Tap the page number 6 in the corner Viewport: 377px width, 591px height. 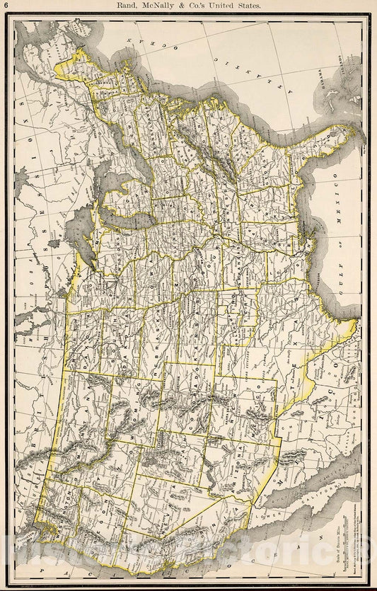tap(6, 6)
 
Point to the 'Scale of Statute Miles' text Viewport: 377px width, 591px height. tap(337, 532)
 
